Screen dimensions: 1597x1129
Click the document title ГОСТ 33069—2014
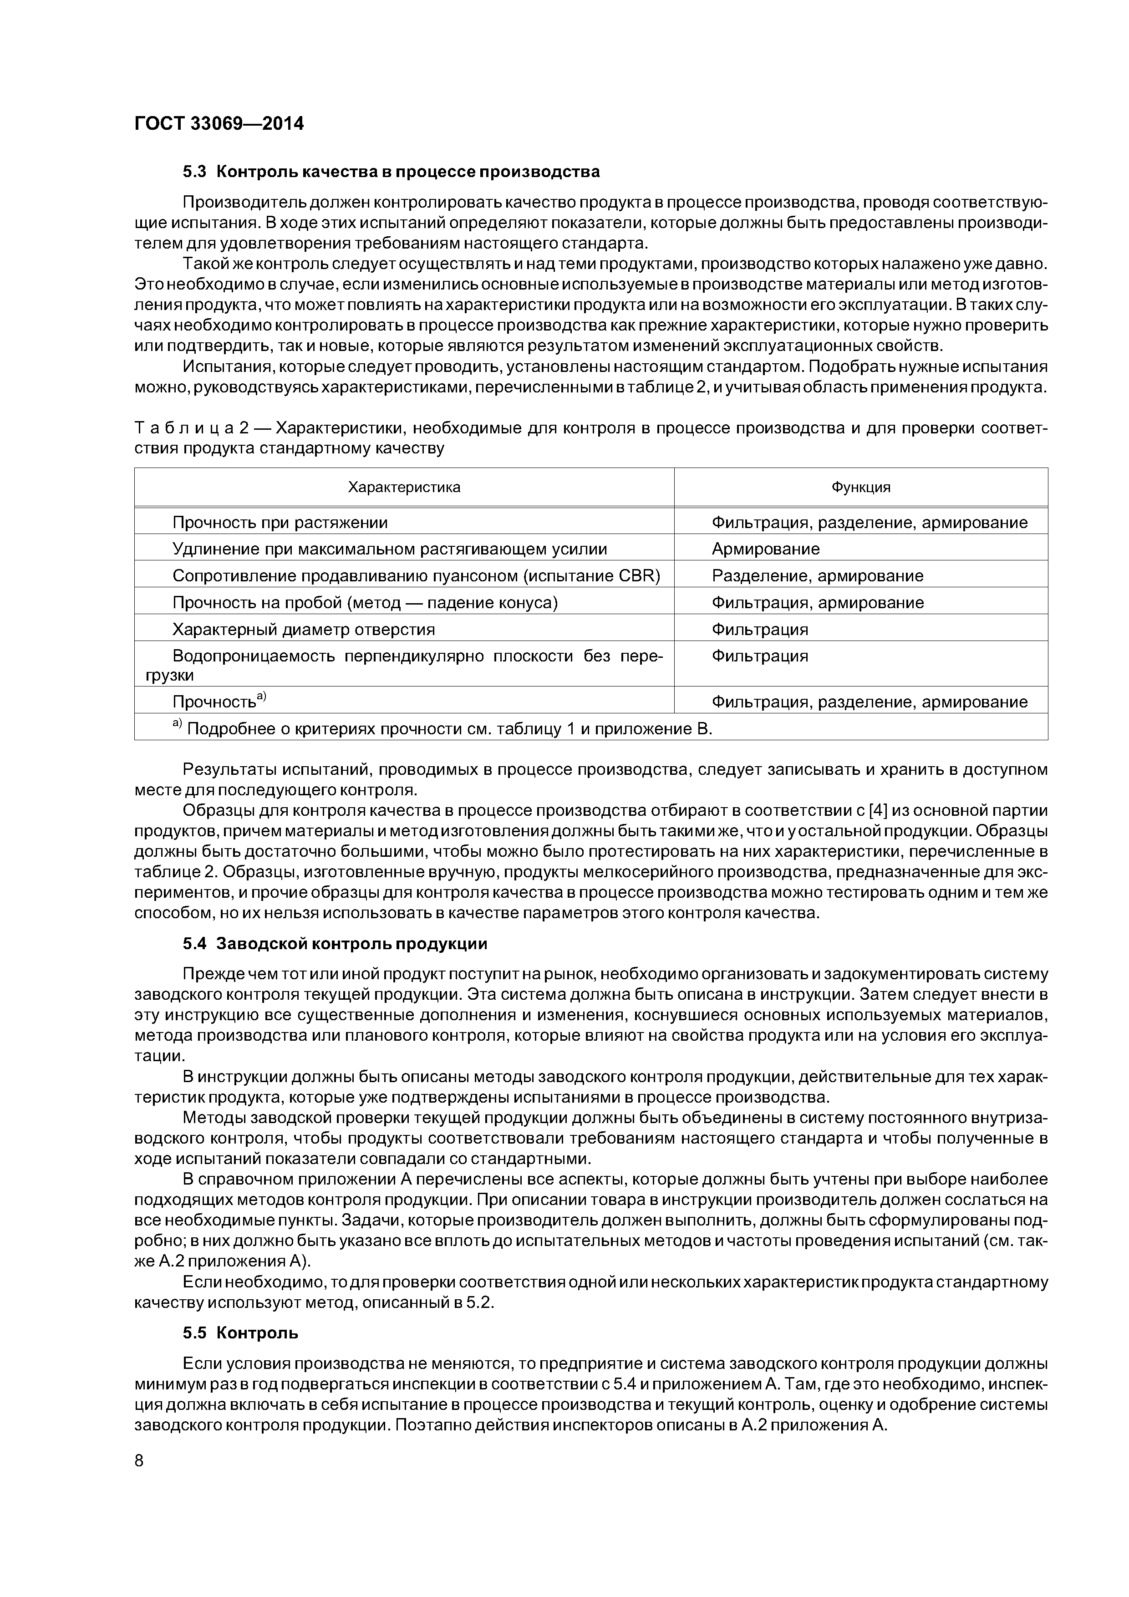(219, 124)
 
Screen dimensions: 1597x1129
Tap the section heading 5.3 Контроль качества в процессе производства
(391, 171)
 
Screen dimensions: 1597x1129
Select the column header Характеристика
(404, 487)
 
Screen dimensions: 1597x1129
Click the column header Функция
(860, 487)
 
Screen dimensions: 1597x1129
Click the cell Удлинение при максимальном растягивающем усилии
(390, 549)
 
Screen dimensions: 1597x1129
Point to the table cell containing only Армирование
(765, 549)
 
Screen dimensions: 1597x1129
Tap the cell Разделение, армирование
(817, 576)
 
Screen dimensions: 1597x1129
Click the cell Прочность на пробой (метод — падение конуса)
(365, 602)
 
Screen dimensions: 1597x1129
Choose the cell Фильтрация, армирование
(817, 602)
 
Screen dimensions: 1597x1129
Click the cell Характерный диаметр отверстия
(303, 630)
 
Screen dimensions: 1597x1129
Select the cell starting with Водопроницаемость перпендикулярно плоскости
(403, 665)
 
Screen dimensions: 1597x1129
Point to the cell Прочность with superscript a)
(219, 701)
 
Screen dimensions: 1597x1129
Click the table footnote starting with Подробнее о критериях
(445, 728)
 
